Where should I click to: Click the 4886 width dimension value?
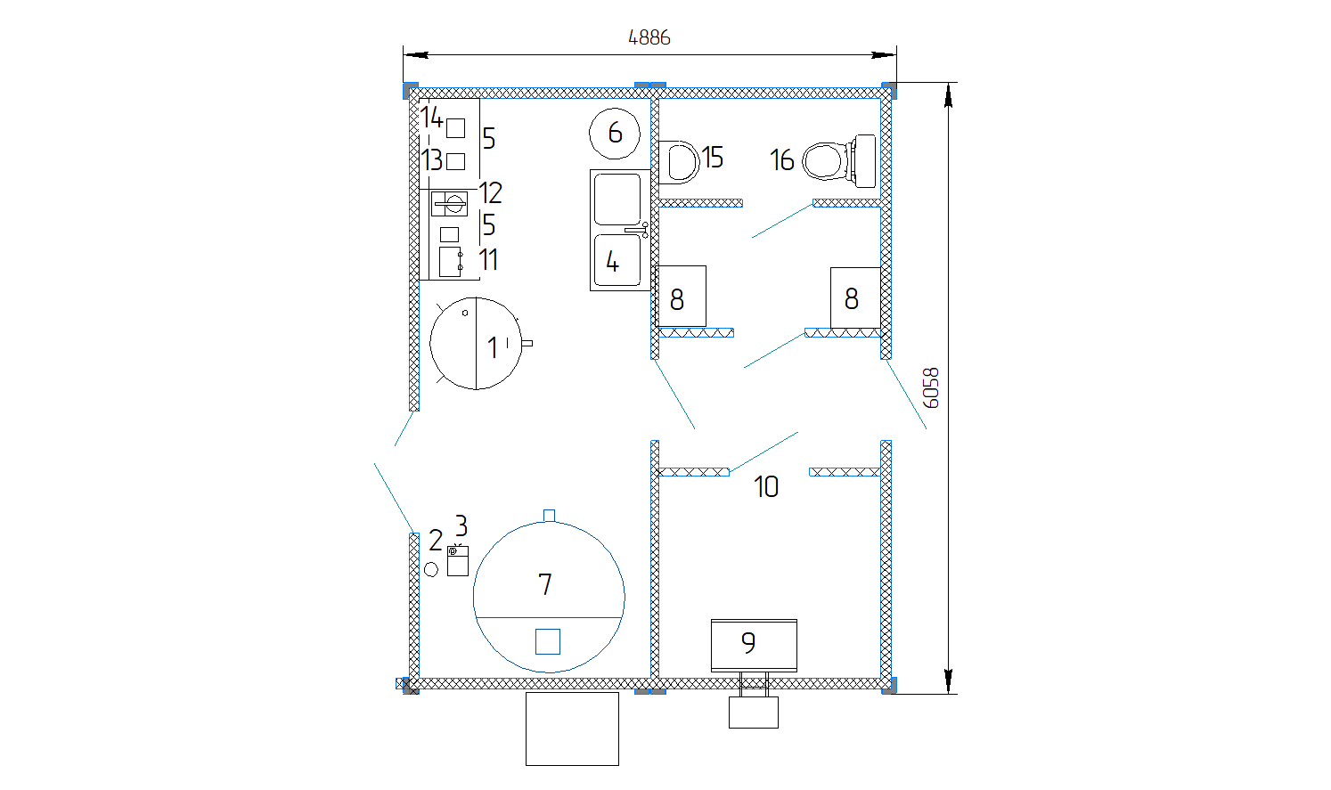click(649, 37)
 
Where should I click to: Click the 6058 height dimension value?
click(931, 387)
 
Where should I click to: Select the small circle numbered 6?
click(614, 133)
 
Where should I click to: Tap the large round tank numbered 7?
click(548, 594)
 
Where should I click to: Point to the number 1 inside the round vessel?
click(493, 347)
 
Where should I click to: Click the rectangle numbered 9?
click(753, 644)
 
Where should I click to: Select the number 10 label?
click(765, 486)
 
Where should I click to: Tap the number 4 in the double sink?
click(612, 262)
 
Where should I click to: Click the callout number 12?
click(491, 193)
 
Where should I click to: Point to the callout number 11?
click(488, 260)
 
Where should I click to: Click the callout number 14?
click(432, 117)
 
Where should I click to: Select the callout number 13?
click(432, 160)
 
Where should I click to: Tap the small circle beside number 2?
click(431, 569)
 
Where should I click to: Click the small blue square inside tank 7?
click(547, 641)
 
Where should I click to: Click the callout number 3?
click(461, 525)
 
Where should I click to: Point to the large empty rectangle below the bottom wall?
click(572, 729)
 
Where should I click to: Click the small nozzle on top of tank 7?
click(549, 516)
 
